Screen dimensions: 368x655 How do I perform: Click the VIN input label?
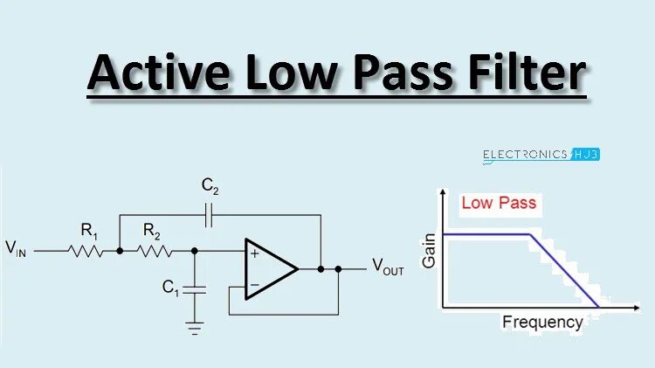pyautogui.click(x=17, y=249)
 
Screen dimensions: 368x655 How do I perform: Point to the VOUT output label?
pyautogui.click(x=389, y=267)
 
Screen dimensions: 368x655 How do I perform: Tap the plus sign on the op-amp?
pyautogui.click(x=254, y=254)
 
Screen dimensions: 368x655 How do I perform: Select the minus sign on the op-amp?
pyautogui.click(x=254, y=284)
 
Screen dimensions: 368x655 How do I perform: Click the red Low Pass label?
pyautogui.click(x=499, y=204)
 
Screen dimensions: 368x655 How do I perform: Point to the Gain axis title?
pyautogui.click(x=429, y=250)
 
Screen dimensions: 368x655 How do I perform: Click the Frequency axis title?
pyautogui.click(x=541, y=323)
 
